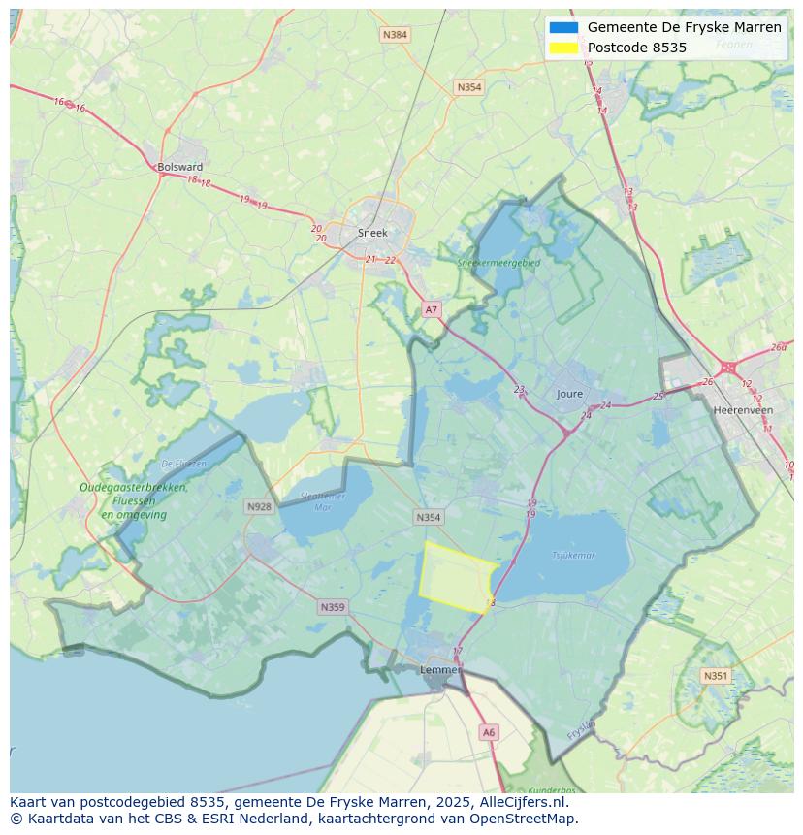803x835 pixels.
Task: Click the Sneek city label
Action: pyautogui.click(x=372, y=233)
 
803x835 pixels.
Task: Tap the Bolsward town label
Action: pyautogui.click(x=179, y=167)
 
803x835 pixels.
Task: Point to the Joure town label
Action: pyautogui.click(x=570, y=394)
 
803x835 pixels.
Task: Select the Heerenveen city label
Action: pyautogui.click(x=742, y=410)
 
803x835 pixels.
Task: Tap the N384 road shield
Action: pyautogui.click(x=395, y=35)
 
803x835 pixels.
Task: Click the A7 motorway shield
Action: pyautogui.click(x=432, y=309)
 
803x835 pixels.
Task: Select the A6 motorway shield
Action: pyautogui.click(x=489, y=733)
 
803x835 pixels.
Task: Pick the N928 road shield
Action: pyautogui.click(x=259, y=506)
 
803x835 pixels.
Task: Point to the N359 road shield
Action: pyautogui.click(x=332, y=607)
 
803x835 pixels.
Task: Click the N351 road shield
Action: pyautogui.click(x=716, y=676)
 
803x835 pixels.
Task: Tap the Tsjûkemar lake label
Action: pyautogui.click(x=573, y=556)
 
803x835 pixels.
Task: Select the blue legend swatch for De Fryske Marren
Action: pyautogui.click(x=563, y=27)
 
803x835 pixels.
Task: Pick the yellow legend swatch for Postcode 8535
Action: pyautogui.click(x=563, y=48)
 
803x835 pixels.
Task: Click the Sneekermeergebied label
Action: pyautogui.click(x=498, y=262)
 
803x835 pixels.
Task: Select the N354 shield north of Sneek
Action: pyautogui.click(x=468, y=87)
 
